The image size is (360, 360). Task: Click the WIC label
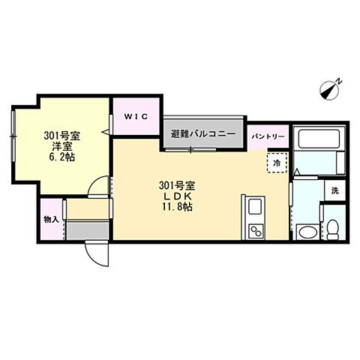click(x=135, y=116)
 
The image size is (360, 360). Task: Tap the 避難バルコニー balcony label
click(x=202, y=134)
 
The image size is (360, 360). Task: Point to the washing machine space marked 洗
click(x=335, y=190)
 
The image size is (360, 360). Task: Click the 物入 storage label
click(x=51, y=220)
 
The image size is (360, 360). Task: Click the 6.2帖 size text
click(x=61, y=158)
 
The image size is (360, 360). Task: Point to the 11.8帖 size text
click(x=177, y=207)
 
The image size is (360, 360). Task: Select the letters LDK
click(x=177, y=196)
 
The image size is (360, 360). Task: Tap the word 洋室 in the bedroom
click(x=61, y=148)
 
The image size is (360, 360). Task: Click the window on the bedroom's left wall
click(x=13, y=134)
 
